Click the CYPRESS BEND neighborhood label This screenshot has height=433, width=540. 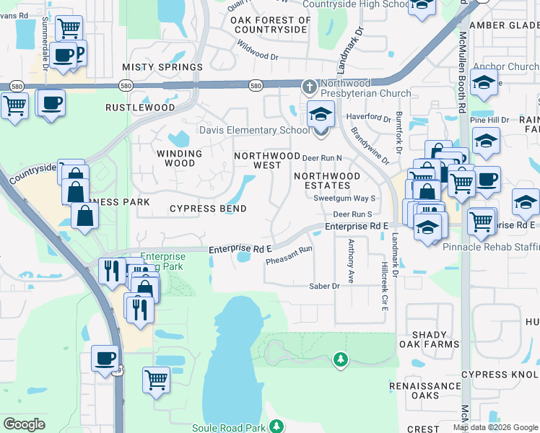pyautogui.click(x=208, y=209)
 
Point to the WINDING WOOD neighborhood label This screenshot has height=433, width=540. pyautogui.click(x=180, y=158)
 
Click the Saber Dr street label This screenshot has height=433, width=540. pyautogui.click(x=324, y=287)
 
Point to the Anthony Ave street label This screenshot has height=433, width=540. pyautogui.click(x=351, y=261)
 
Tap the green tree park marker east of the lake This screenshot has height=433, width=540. pyautogui.click(x=341, y=359)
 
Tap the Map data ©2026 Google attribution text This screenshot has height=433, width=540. pyautogui.click(x=495, y=427)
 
